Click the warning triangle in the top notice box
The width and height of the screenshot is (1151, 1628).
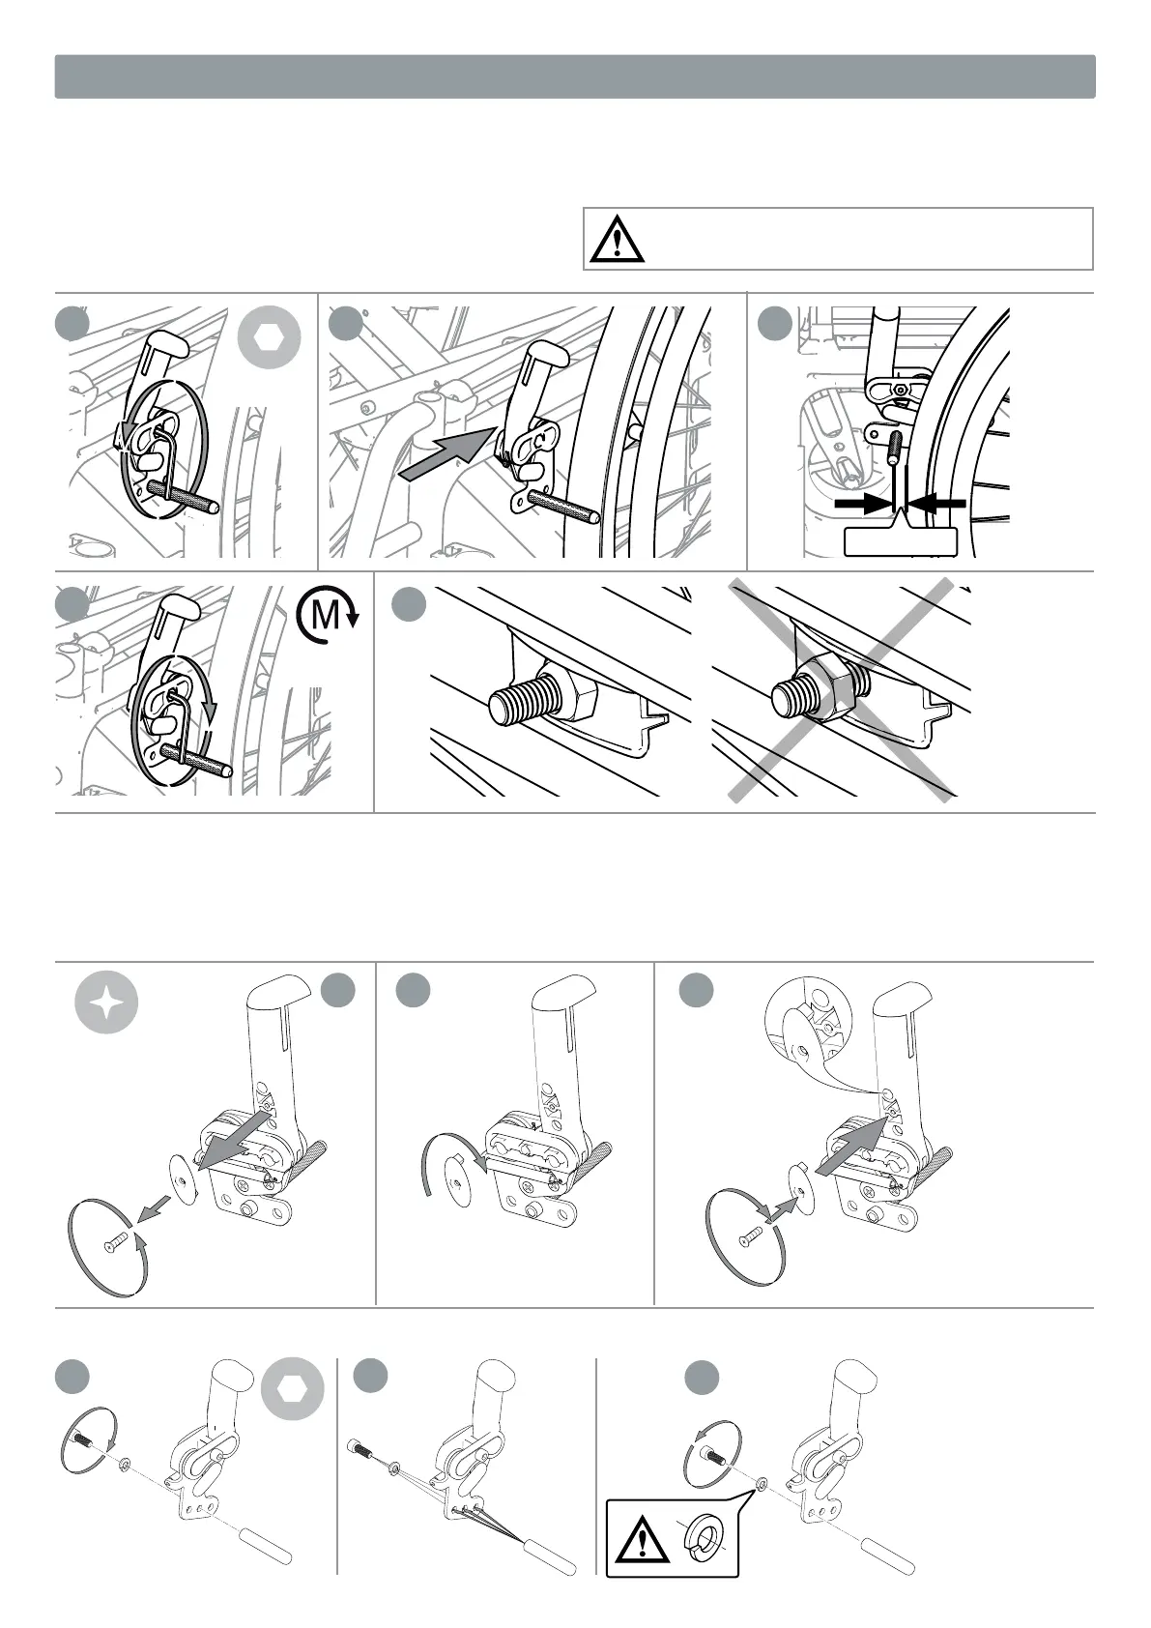(x=616, y=239)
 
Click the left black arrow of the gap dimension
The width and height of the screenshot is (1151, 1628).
(x=862, y=504)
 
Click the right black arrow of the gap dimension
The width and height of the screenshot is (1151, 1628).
(x=938, y=504)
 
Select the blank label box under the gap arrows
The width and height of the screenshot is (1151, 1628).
(x=900, y=541)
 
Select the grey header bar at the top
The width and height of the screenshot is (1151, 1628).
(x=575, y=76)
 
